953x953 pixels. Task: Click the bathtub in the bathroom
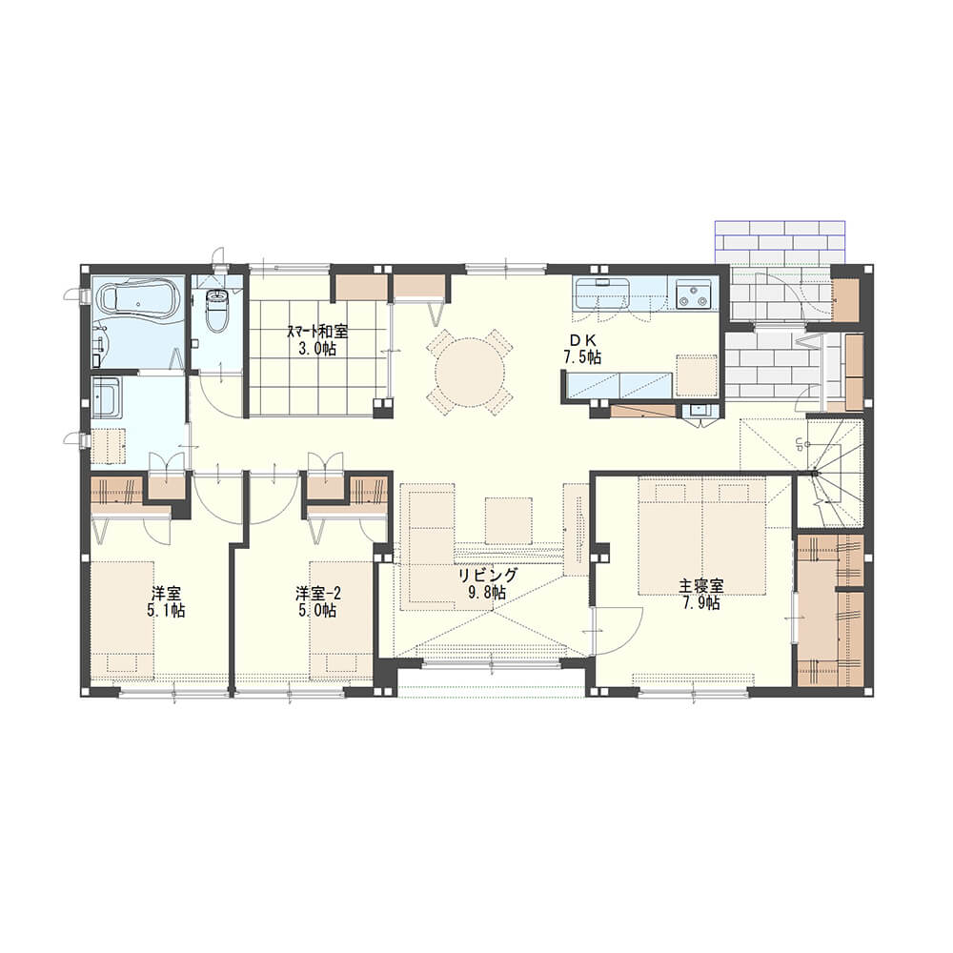click(x=139, y=297)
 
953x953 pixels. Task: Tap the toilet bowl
click(x=217, y=310)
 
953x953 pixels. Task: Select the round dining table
click(x=470, y=373)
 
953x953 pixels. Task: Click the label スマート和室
click(x=317, y=333)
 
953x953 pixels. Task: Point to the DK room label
click(x=581, y=340)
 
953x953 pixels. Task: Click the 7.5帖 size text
click(x=582, y=357)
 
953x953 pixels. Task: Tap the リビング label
click(x=487, y=575)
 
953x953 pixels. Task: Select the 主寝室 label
click(x=700, y=586)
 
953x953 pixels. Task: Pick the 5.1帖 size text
click(x=166, y=610)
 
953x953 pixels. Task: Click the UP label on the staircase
click(x=800, y=444)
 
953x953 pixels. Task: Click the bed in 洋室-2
click(x=341, y=618)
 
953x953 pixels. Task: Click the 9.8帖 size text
click(x=487, y=592)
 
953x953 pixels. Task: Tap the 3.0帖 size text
click(x=317, y=350)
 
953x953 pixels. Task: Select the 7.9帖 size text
click(x=701, y=603)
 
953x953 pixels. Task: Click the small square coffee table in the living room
click(x=509, y=520)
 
